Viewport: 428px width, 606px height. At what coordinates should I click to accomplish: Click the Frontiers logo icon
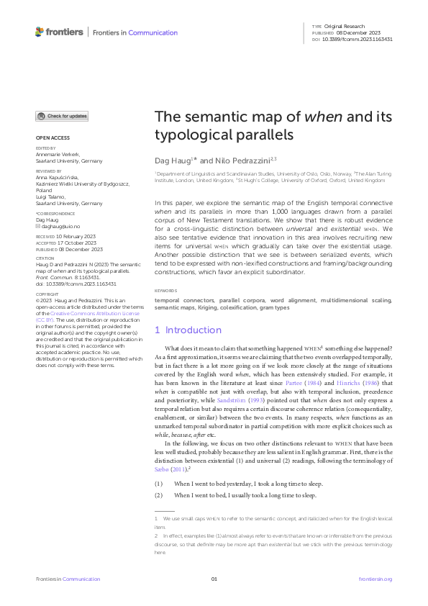coord(40,32)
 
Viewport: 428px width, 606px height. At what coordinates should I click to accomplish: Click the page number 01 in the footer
coord(214,579)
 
